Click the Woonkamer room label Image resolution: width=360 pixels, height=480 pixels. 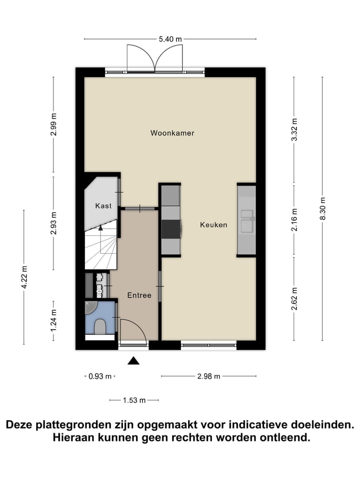[172, 133]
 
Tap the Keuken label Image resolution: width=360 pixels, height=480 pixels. [213, 225]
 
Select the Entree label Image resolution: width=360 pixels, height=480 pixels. [138, 295]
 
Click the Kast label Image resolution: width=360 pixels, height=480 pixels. [103, 205]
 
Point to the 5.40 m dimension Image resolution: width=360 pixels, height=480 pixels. [170, 38]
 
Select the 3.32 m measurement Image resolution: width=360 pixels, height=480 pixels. [294, 130]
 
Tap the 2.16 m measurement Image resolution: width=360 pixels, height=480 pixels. [294, 220]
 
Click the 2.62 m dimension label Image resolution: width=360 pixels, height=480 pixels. [294, 298]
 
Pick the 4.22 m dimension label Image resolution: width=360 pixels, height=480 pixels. [24, 277]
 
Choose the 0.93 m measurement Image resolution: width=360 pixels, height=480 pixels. [100, 376]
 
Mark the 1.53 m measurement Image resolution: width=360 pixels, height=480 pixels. [134, 400]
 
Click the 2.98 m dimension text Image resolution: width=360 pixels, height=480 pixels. [208, 376]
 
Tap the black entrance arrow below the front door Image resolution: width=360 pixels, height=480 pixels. [133, 360]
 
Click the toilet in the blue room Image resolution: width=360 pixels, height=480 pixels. [100, 327]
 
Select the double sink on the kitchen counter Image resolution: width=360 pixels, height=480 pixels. [247, 221]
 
